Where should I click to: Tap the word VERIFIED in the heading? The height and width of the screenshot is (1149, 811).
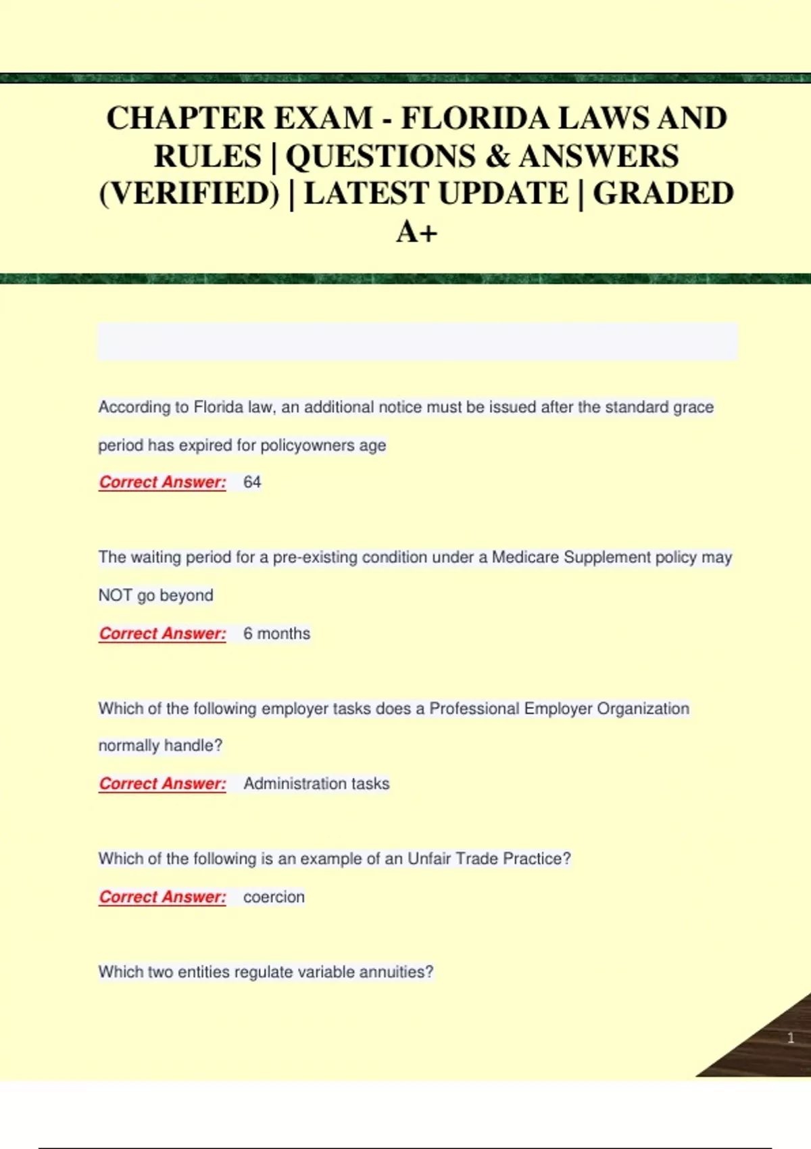pos(189,194)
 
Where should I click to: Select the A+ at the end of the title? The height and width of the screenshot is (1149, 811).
pos(416,232)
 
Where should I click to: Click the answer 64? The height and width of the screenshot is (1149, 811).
pos(252,482)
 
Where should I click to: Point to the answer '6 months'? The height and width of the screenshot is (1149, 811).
pos(276,633)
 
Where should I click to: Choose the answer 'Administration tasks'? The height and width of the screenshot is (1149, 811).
pos(316,783)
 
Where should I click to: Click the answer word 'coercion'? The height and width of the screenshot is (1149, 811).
pos(274,897)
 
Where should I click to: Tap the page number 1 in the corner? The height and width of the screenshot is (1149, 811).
pos(790,1037)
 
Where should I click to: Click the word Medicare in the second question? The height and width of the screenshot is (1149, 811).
pos(525,558)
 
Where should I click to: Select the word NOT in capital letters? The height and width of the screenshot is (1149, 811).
pos(115,595)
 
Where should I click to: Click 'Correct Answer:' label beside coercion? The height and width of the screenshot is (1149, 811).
pos(162,897)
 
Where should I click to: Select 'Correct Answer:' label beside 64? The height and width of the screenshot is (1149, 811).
pos(162,482)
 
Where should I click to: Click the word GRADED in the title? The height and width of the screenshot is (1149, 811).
pos(663,194)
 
